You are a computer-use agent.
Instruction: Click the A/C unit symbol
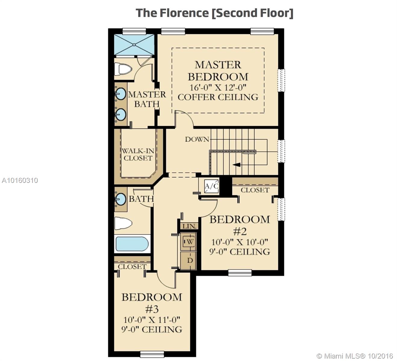[212, 186]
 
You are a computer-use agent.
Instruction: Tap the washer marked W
[189, 242]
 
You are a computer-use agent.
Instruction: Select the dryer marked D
[190, 260]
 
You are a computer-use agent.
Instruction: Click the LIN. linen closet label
[190, 226]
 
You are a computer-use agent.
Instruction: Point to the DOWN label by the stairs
[197, 139]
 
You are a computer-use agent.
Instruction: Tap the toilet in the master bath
[123, 69]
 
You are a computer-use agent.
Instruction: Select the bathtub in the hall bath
[132, 244]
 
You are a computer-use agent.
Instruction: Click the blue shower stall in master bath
[134, 45]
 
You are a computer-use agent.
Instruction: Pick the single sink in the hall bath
[120, 199]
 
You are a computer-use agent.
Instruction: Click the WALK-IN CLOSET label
[138, 155]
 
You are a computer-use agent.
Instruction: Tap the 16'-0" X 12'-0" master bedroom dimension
[218, 87]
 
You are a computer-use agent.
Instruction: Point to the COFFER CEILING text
[218, 97]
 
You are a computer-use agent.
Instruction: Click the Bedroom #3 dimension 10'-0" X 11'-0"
[152, 320]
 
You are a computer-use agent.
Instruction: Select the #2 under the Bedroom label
[240, 231]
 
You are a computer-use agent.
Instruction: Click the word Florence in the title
[184, 13]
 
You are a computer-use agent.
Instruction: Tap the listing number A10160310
[20, 180]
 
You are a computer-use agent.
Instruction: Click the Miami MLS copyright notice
[355, 356]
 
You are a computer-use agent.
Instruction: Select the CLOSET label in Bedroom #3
[132, 267]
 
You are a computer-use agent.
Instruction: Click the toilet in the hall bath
[123, 223]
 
